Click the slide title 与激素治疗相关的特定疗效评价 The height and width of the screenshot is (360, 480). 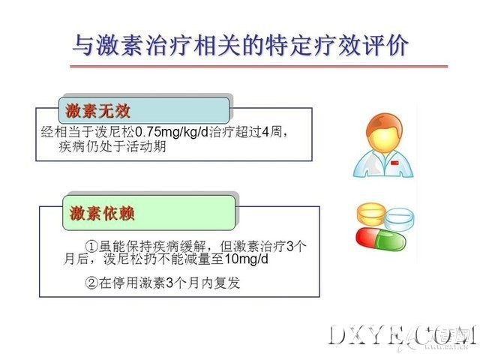(241, 45)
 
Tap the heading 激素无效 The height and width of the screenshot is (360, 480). (98, 111)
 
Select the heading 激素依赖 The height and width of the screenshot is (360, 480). (102, 213)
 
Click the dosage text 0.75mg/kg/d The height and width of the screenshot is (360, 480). (172, 132)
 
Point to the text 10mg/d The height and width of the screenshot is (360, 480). (247, 259)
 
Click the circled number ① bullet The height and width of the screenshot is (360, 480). (91, 246)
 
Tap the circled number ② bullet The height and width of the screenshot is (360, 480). (91, 283)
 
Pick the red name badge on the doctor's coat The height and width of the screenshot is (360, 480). (394, 163)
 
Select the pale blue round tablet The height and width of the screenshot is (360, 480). (399, 219)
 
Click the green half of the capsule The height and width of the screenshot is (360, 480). (390, 241)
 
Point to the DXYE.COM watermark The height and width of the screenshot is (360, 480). (402, 336)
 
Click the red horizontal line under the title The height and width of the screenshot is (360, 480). (259, 66)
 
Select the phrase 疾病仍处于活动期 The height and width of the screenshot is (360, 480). (112, 147)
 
